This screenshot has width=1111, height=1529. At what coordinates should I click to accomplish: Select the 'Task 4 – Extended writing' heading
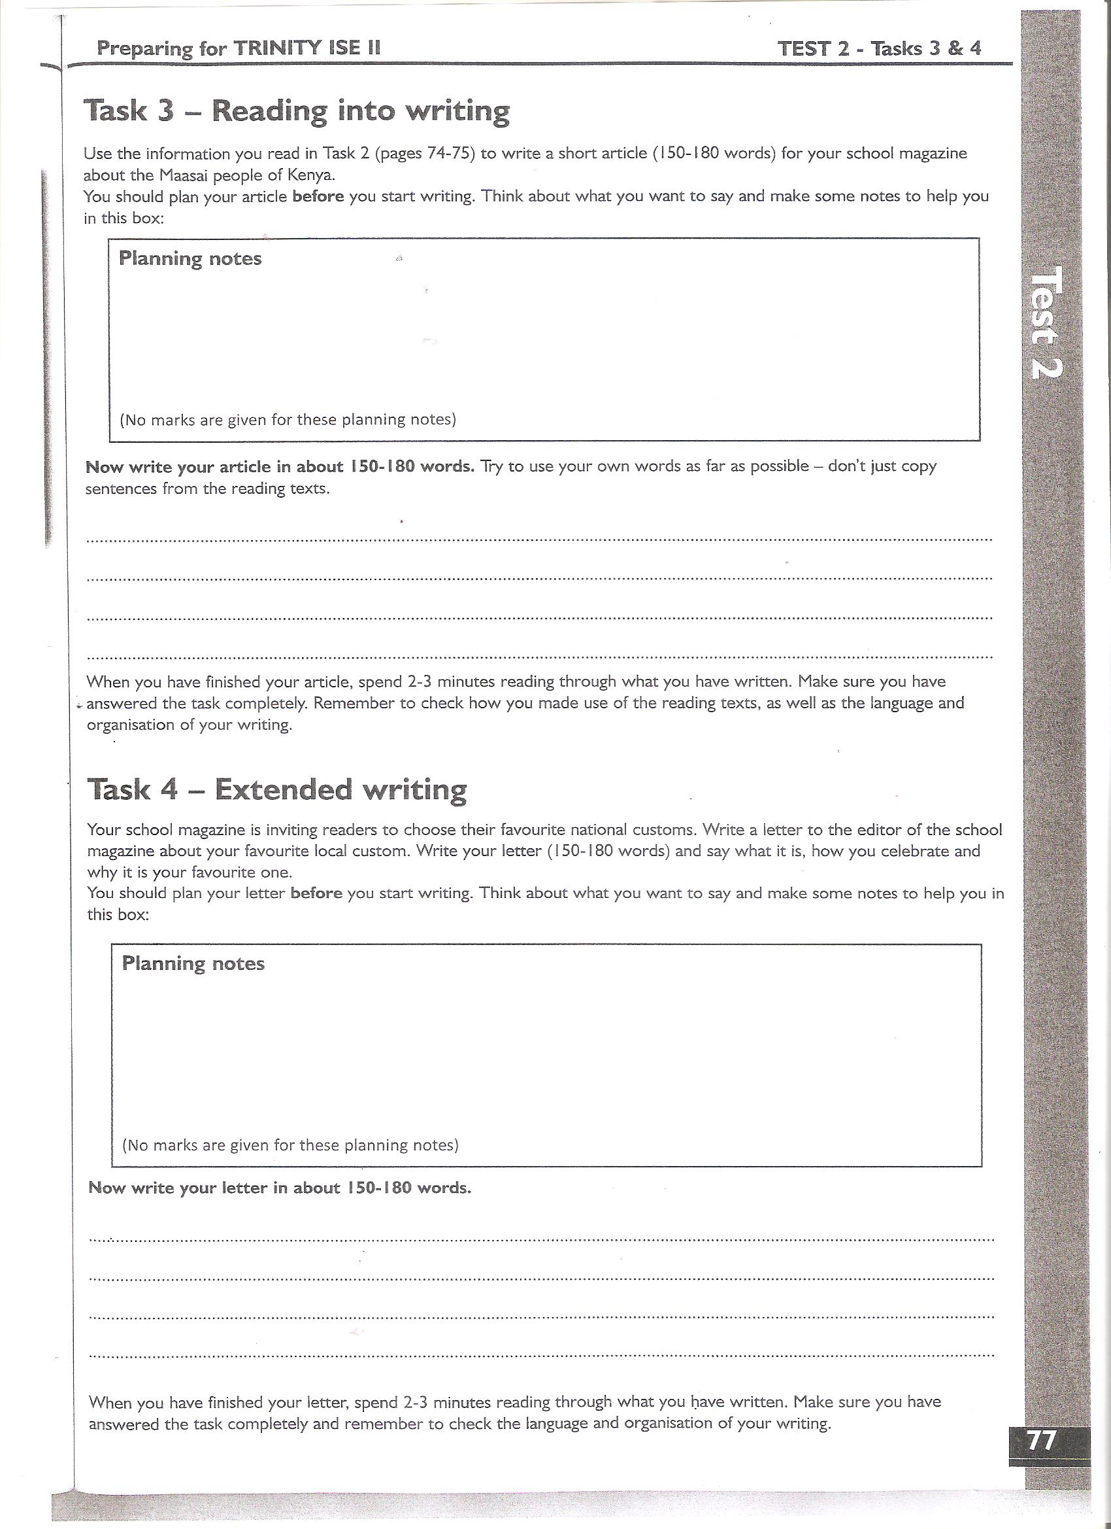(x=277, y=789)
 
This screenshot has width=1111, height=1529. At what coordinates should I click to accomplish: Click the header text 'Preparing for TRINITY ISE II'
(x=239, y=48)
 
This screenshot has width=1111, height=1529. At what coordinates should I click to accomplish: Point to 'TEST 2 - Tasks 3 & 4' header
(x=878, y=48)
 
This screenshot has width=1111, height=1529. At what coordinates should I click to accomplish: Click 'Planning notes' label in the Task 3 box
(x=190, y=259)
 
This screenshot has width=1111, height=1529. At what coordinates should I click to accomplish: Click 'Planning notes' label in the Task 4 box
(x=193, y=963)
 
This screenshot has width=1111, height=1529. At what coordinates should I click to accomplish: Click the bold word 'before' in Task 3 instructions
(x=318, y=197)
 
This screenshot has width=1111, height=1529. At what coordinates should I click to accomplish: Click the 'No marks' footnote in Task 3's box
(x=288, y=420)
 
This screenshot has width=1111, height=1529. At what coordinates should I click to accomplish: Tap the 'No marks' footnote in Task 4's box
(x=290, y=1145)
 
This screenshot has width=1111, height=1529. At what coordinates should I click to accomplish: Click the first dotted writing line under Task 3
(x=539, y=540)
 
